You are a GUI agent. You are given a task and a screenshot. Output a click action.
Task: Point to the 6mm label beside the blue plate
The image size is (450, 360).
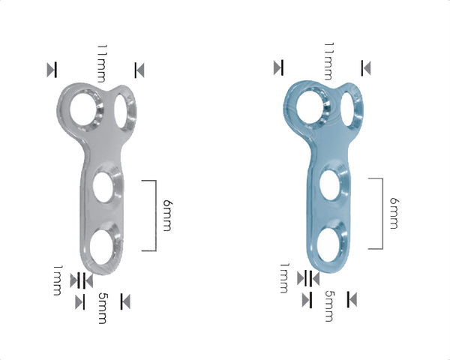pos(394,214)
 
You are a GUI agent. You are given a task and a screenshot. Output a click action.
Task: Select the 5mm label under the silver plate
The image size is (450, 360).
pos(103,308)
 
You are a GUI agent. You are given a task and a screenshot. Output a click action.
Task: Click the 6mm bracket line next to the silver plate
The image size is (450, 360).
pos(154,215)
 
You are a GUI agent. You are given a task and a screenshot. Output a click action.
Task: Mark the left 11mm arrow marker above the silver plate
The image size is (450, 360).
pos(51,70)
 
